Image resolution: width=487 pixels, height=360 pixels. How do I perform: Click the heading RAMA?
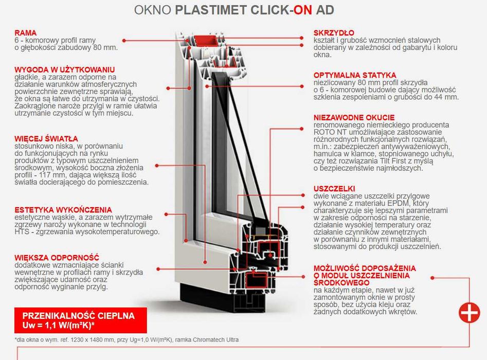pos(26,32)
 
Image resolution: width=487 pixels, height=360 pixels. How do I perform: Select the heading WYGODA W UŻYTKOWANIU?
pos(64,69)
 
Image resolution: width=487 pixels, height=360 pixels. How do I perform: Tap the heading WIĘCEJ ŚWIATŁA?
pos(46,138)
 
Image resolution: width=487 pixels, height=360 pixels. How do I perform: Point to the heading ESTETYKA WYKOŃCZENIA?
pos(63,210)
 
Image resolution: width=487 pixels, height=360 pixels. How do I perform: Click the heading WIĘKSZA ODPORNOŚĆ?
pos(57,257)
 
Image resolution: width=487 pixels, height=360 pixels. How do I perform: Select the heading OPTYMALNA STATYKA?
pos(355,75)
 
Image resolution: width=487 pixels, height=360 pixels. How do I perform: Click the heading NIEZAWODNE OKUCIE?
pos(354,117)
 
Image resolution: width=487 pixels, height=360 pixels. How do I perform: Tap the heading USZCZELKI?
pos(334,189)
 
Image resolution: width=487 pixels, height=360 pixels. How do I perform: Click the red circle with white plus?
pos(469,312)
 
